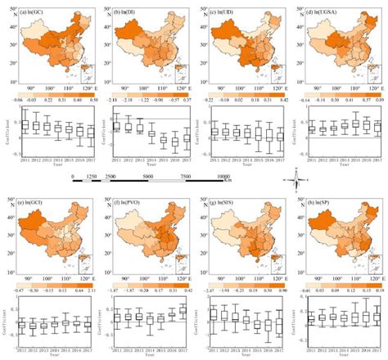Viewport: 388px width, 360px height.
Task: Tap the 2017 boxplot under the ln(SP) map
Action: (x=377, y=316)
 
